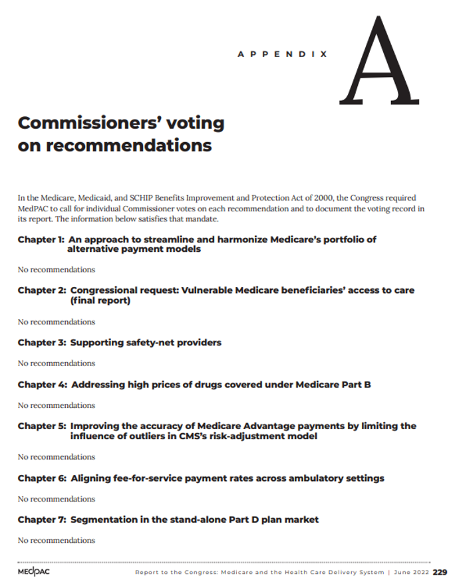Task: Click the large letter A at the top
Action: coord(381,62)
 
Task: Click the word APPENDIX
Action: coord(282,54)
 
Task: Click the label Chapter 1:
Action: coord(40,239)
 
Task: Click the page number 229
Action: coord(440,572)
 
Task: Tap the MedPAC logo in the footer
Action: coord(33,572)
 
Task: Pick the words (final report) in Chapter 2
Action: coord(100,301)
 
